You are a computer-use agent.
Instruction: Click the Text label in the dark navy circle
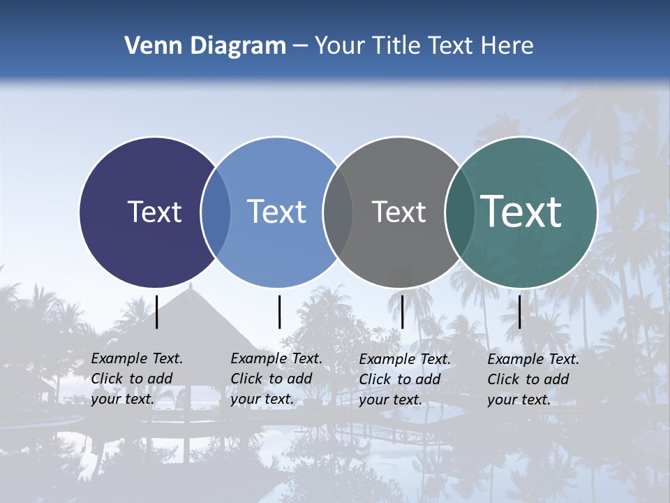pyautogui.click(x=154, y=212)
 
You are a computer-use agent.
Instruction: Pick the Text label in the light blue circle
pyautogui.click(x=276, y=212)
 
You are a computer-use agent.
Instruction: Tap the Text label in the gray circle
pyautogui.click(x=399, y=212)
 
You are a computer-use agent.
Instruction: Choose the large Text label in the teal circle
pyautogui.click(x=521, y=212)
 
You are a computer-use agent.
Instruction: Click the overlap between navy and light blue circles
pyautogui.click(x=216, y=212)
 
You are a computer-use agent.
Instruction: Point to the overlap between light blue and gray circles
pyautogui.click(x=338, y=212)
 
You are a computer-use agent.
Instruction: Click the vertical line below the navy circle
pyautogui.click(x=157, y=312)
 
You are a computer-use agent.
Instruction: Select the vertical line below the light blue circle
pyautogui.click(x=279, y=312)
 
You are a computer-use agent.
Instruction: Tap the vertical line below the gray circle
pyautogui.click(x=402, y=312)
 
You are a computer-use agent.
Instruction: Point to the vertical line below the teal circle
pyautogui.click(x=520, y=312)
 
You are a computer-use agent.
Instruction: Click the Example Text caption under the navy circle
pyautogui.click(x=136, y=379)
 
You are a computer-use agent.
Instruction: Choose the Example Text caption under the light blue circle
pyautogui.click(x=276, y=379)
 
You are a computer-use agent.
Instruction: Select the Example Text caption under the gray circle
pyautogui.click(x=404, y=379)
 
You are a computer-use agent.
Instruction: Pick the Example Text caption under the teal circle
pyautogui.click(x=533, y=379)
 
